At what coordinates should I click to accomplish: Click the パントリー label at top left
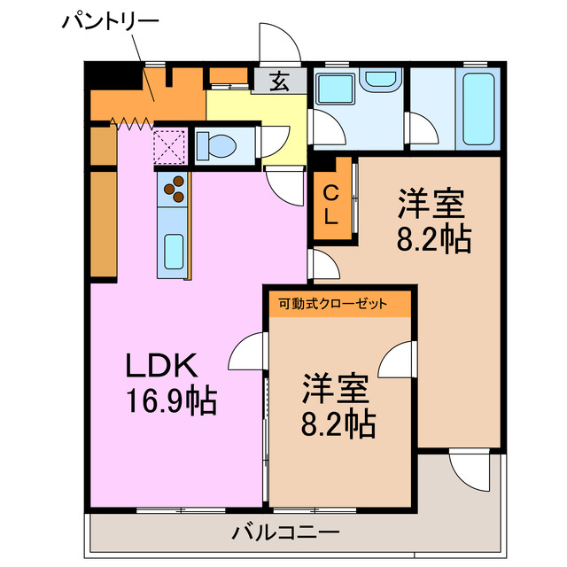click(x=111, y=21)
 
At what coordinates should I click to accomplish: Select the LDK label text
click(x=165, y=364)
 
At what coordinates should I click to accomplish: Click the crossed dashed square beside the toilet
click(x=170, y=144)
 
